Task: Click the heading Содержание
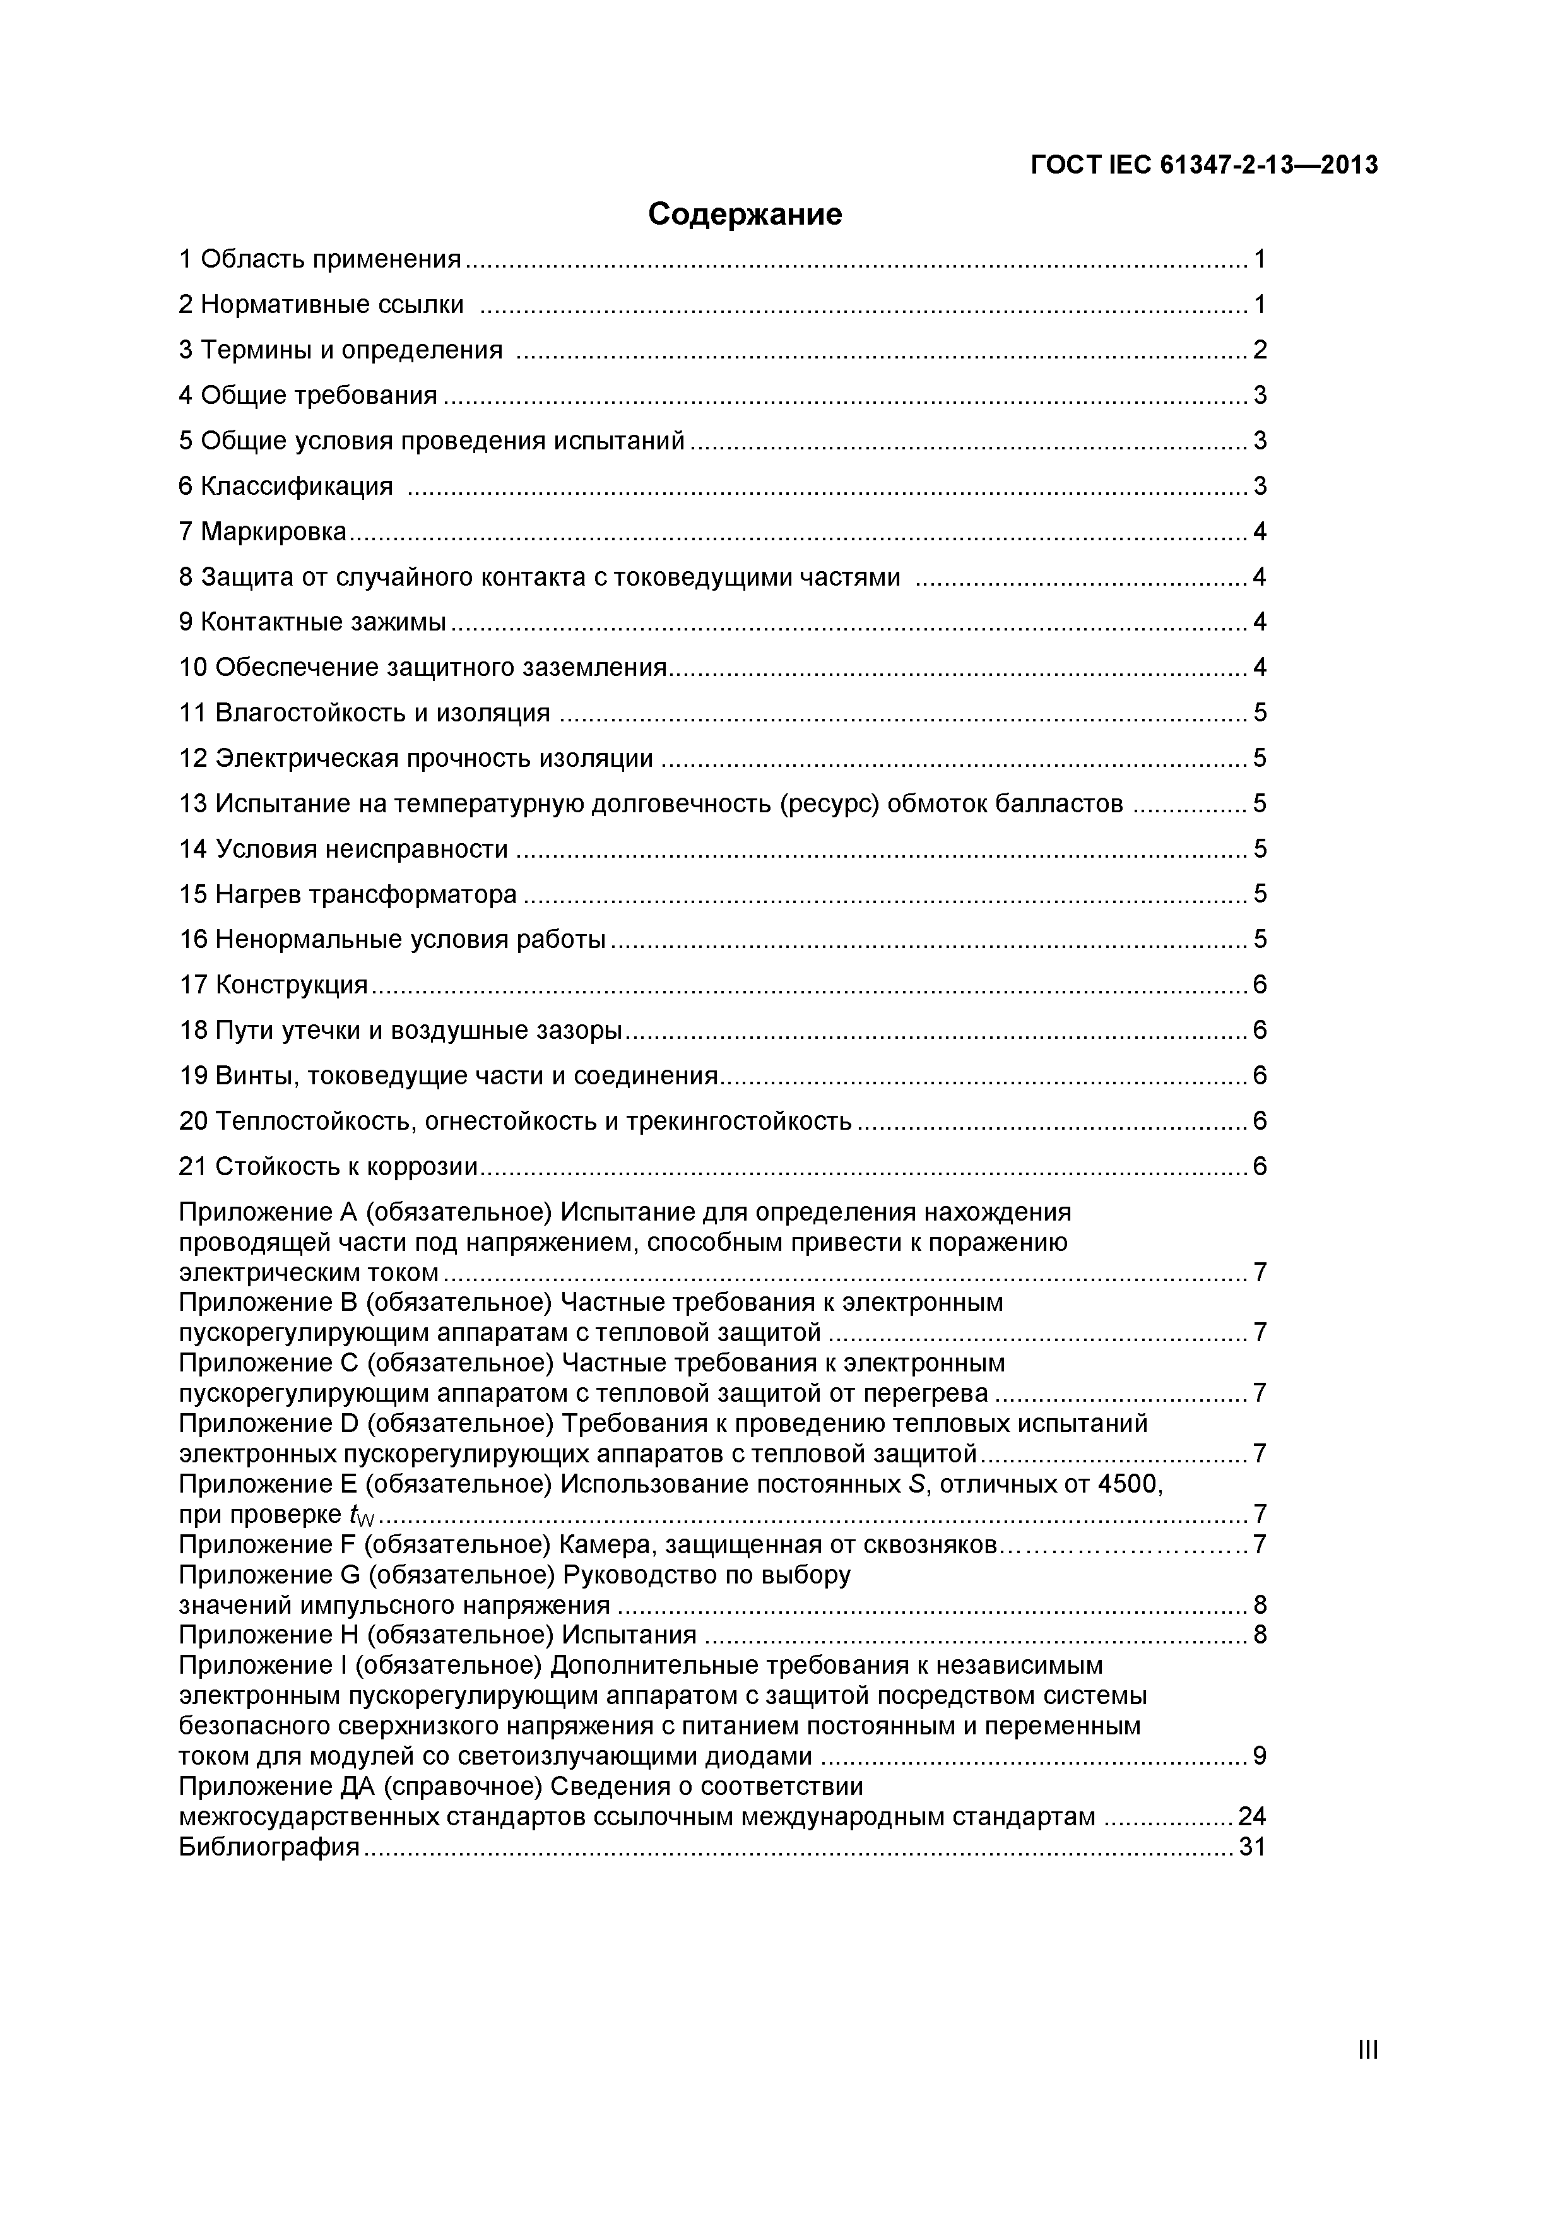pyautogui.click(x=745, y=214)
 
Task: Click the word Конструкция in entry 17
pyautogui.click(x=291, y=985)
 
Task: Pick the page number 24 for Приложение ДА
pyautogui.click(x=1251, y=1817)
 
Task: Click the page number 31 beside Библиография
pyautogui.click(x=1251, y=1847)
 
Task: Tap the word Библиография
pyautogui.click(x=269, y=1847)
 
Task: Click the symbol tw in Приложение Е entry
pyautogui.click(x=362, y=1516)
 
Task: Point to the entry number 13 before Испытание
pyautogui.click(x=193, y=803)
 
